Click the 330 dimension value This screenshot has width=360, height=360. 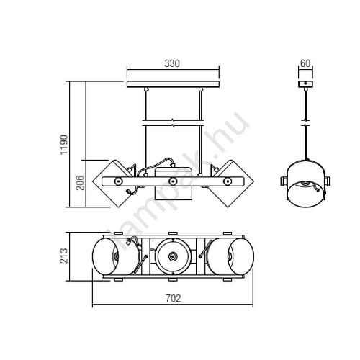172,63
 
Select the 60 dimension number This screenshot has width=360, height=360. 305,63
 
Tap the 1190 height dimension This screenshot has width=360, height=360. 64,145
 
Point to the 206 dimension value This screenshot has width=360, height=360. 80,183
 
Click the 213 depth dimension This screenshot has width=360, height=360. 64,256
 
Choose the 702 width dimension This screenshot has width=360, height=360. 174,298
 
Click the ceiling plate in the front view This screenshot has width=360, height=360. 173,84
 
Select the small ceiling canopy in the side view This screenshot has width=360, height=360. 305,84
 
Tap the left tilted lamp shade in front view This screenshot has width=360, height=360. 113,184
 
